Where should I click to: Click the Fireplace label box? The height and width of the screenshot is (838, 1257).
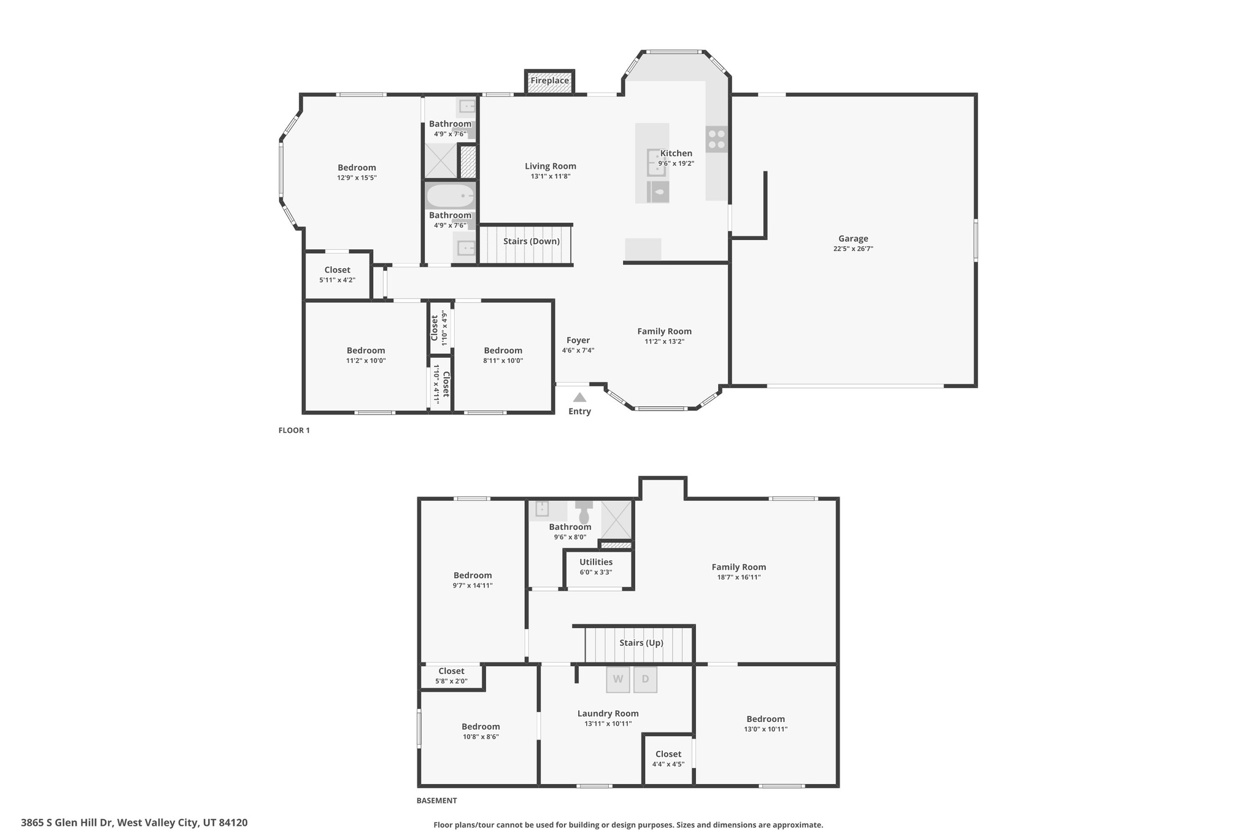tap(549, 81)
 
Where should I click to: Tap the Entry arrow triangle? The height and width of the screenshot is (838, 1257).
tap(579, 397)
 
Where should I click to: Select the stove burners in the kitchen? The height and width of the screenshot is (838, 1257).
tap(716, 139)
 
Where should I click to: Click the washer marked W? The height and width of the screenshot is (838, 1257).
tap(618, 679)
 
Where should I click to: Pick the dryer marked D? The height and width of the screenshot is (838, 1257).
tap(645, 679)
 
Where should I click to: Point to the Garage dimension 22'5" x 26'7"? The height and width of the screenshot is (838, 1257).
tap(853, 249)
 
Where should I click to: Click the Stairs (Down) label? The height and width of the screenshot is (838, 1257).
tap(532, 241)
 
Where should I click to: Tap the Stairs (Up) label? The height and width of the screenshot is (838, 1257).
tap(641, 643)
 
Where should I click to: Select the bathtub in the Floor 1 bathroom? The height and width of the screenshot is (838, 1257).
tap(451, 196)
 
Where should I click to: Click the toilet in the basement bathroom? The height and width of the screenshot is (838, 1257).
tap(584, 513)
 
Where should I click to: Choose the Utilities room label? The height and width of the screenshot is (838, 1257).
tap(595, 562)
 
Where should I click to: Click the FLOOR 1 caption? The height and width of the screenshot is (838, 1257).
tap(294, 430)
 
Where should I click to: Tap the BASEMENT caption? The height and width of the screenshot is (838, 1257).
tap(436, 801)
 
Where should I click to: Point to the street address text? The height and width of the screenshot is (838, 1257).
tap(134, 823)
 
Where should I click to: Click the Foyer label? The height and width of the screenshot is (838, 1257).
tap(578, 340)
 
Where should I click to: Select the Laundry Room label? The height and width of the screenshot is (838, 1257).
tap(608, 713)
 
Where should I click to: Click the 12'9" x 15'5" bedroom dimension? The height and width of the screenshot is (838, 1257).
tap(357, 178)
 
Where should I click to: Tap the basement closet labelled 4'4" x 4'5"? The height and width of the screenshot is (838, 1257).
tap(668, 759)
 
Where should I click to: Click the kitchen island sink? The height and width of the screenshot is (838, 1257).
tap(656, 162)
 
